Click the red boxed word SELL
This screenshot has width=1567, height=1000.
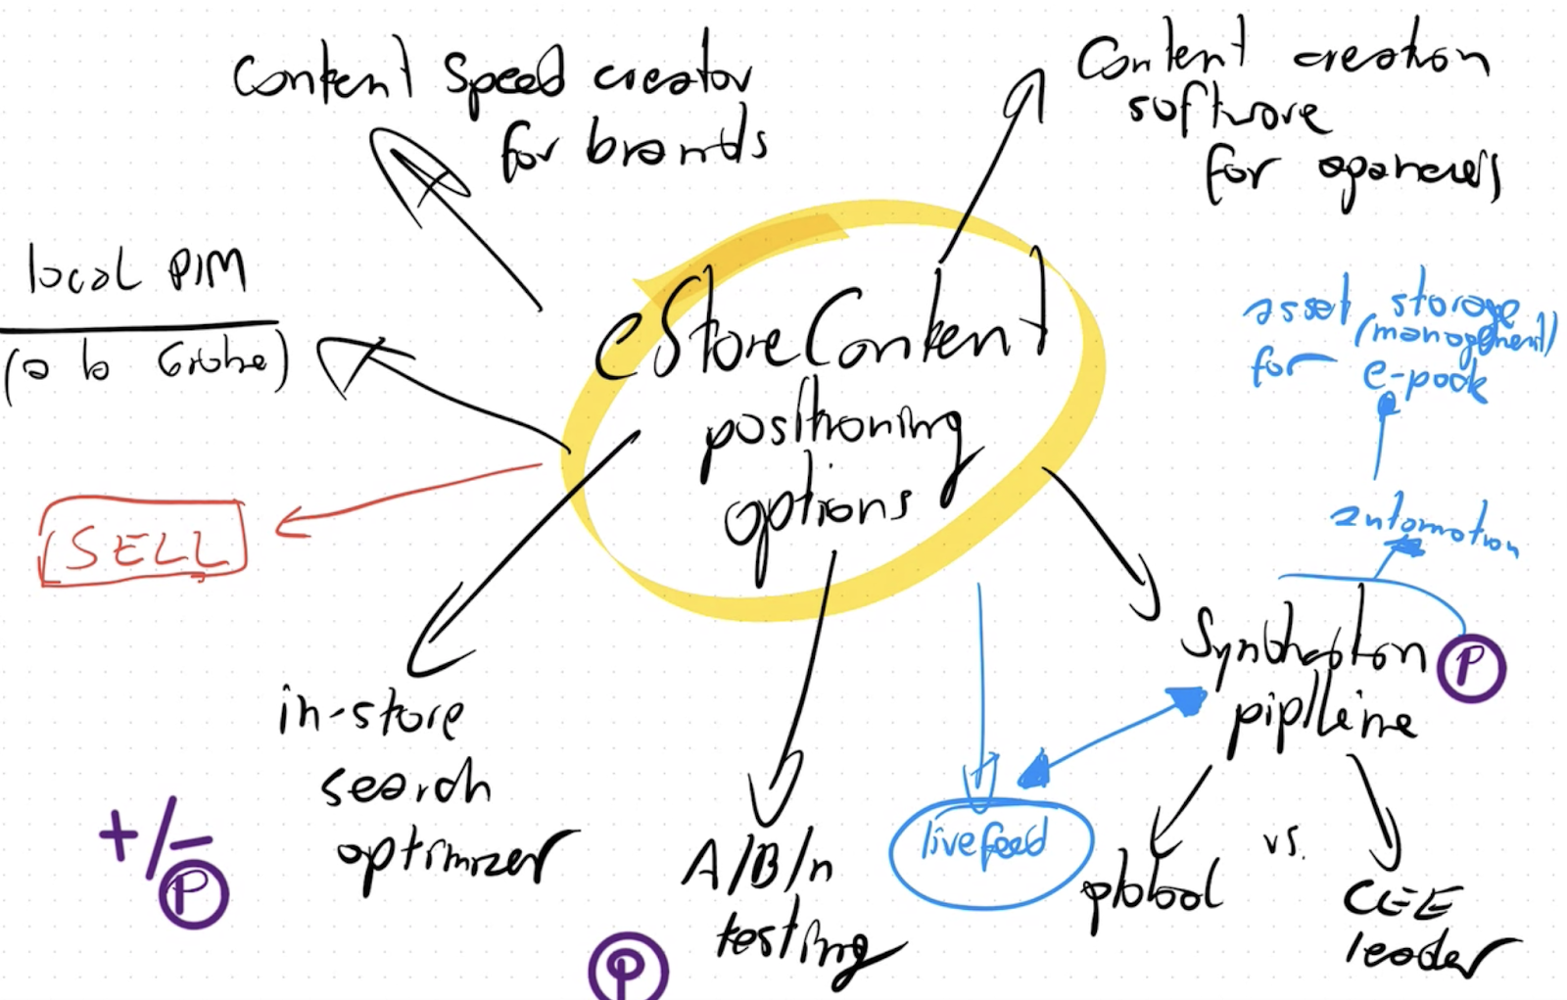[x=142, y=545]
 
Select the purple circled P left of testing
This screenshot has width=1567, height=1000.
[x=628, y=969]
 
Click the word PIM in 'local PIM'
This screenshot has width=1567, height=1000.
[x=207, y=268]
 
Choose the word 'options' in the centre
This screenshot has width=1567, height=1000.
[x=818, y=509]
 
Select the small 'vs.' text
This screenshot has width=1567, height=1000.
[x=1283, y=842]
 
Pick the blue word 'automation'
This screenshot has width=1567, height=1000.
[x=1425, y=529]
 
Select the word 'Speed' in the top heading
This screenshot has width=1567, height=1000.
[x=503, y=75]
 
